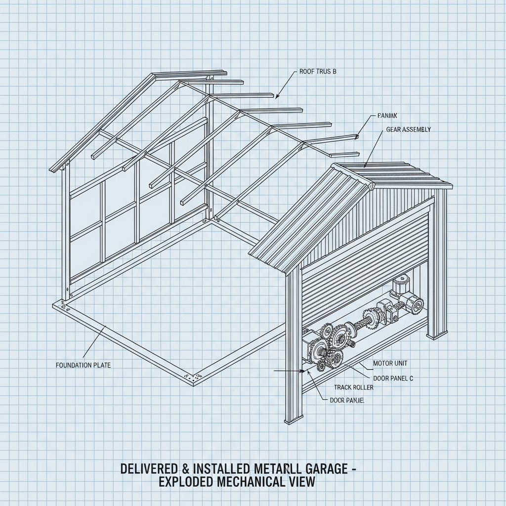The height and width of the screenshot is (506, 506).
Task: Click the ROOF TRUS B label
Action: pos(318,72)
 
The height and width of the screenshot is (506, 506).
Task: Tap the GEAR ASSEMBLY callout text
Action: pos(408,129)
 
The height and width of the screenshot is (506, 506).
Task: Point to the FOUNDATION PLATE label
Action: pos(84,365)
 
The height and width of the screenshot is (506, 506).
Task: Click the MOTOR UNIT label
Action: pos(390,363)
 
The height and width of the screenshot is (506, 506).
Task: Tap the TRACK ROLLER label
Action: pos(354,387)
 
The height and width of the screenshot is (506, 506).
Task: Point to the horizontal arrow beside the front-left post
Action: pos(288,370)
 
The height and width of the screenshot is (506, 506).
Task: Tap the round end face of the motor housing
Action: pos(416,304)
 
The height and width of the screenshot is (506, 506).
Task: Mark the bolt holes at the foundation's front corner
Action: pos(193,377)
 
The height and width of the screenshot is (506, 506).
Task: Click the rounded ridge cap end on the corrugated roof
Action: pos(371,186)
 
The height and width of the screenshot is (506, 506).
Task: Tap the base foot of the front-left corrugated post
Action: pos(292,422)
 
